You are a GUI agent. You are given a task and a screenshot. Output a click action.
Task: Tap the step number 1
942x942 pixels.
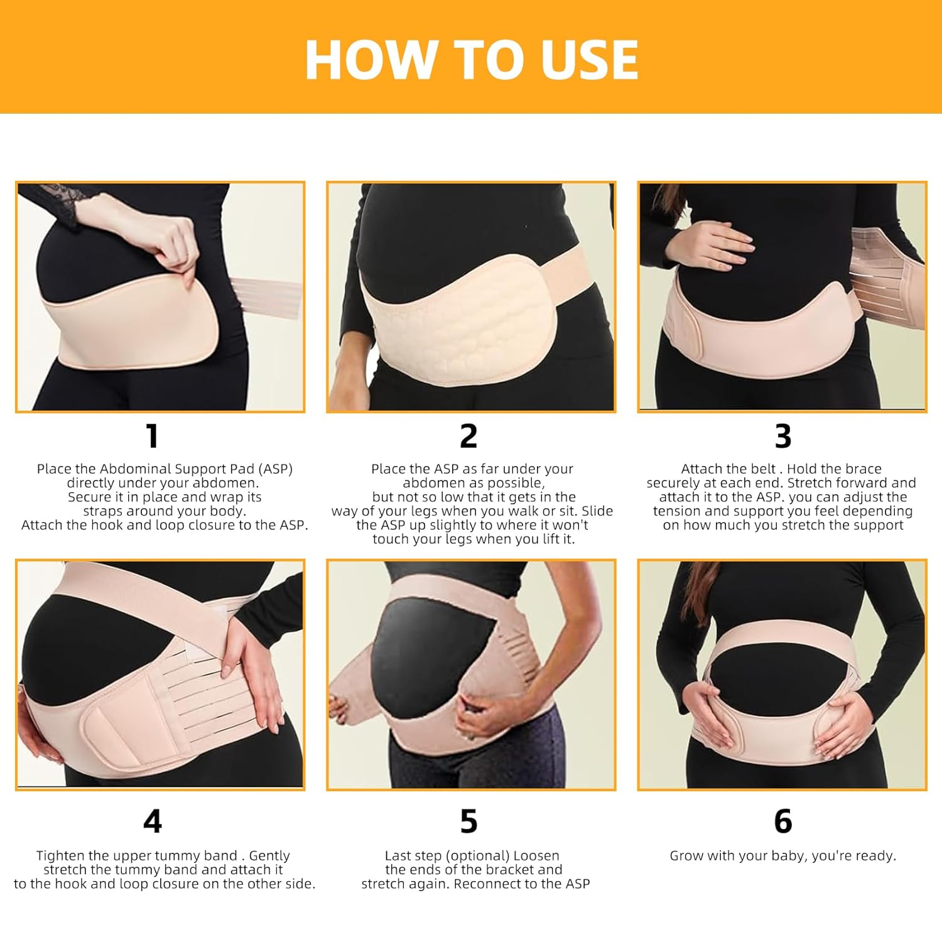pos(152,436)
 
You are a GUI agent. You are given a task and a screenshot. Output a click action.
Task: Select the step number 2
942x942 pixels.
pos(469,436)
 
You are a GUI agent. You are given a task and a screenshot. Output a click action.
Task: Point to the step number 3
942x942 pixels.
pos(782,436)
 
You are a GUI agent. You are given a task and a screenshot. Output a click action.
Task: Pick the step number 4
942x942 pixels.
pos(153,821)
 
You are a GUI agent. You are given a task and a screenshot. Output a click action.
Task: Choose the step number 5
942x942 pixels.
pos(469,821)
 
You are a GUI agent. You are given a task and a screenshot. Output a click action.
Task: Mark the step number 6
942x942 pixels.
pos(783,821)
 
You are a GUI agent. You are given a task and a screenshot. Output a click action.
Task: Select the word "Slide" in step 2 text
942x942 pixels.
pos(597,511)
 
